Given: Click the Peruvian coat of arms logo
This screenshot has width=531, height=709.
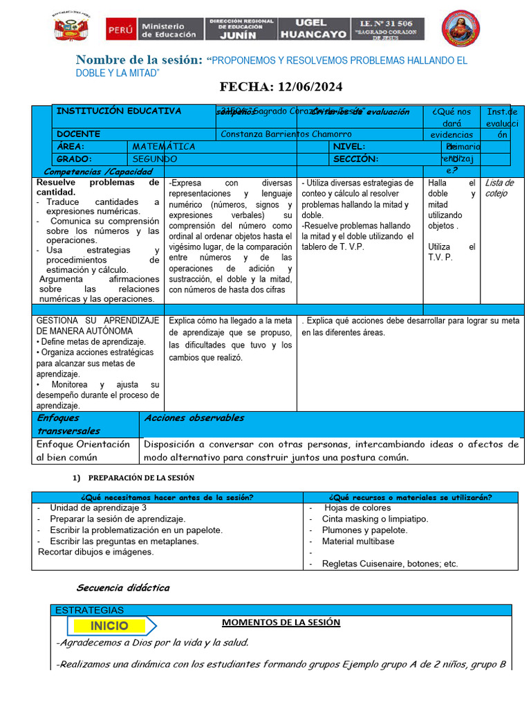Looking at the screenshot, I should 71,28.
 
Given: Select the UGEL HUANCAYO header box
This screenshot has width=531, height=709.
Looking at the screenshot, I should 313,28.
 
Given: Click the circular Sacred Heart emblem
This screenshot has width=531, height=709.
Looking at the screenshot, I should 457,28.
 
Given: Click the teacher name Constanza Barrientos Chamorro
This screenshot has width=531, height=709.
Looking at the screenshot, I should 286,134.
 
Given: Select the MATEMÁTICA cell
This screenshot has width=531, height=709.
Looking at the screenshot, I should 164,147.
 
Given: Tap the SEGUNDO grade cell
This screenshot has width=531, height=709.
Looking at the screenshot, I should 156,159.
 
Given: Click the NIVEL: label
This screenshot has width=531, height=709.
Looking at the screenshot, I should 349,147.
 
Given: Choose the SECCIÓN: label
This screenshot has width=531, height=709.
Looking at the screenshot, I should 355,159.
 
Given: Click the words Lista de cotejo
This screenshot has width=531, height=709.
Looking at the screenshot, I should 499,188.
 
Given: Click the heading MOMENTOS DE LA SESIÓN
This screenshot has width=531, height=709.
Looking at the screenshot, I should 281,622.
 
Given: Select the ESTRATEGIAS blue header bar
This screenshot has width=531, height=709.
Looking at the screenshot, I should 89,610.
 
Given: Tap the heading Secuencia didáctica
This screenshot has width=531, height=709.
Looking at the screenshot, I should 122,588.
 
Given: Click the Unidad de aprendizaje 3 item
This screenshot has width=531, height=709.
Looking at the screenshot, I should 98,508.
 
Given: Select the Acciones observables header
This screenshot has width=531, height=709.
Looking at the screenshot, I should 194,418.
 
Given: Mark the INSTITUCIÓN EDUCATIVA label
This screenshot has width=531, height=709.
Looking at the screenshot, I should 119,111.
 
